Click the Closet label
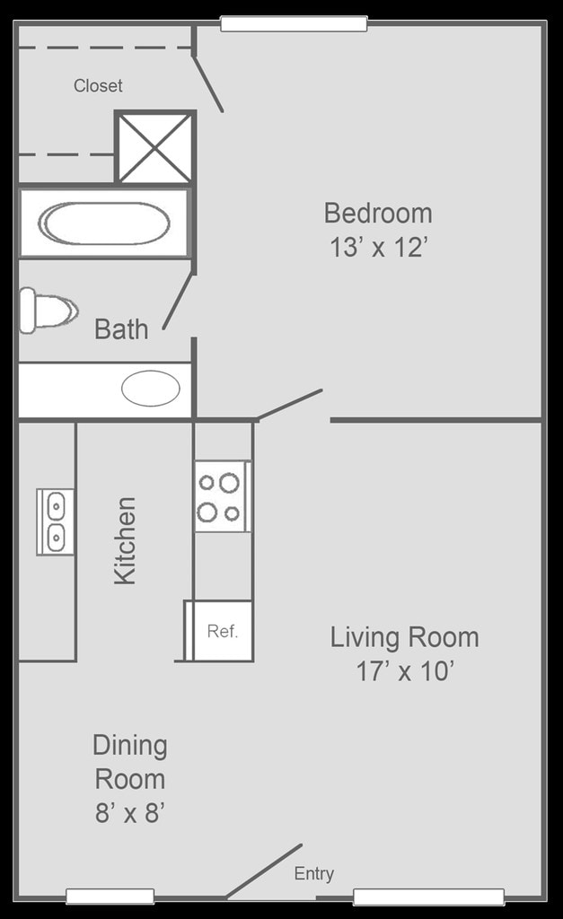[98, 86]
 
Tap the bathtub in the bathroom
[105, 223]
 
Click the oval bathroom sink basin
[151, 389]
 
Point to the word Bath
[121, 329]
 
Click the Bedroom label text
[377, 214]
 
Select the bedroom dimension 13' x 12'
[377, 248]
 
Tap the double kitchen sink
[55, 521]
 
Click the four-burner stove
[222, 496]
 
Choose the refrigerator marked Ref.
[222, 631]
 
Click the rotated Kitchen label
[125, 541]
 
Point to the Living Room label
[404, 638]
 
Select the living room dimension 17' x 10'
[404, 671]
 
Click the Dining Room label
[130, 762]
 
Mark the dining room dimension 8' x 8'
[130, 813]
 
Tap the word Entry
[313, 874]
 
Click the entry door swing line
[264, 871]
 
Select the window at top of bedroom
[294, 24]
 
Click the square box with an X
[155, 147]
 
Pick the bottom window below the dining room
[110, 896]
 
